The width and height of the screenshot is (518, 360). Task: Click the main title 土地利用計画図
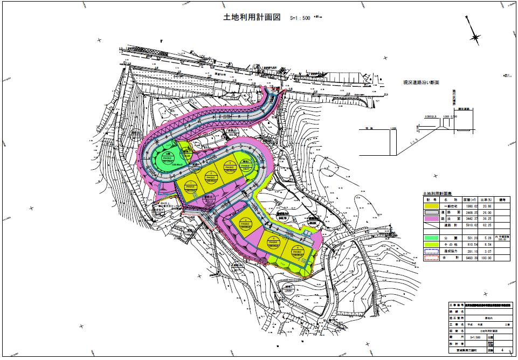(x=252, y=17)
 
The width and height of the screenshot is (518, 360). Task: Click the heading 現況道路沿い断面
(x=422, y=83)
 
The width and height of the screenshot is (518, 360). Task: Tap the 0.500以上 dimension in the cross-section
(x=431, y=116)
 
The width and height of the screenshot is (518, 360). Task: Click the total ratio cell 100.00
(x=487, y=258)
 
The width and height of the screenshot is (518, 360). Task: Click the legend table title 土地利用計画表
(x=441, y=193)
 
